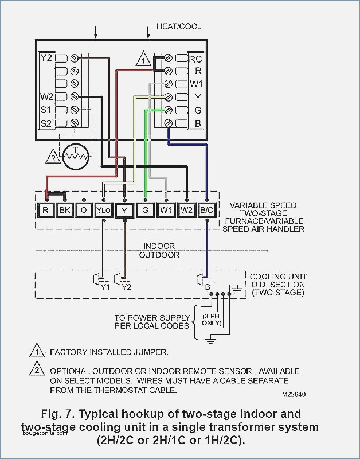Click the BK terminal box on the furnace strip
(65, 210)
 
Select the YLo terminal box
(104, 210)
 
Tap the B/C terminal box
(207, 210)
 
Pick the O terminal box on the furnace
(84, 210)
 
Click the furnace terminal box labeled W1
(166, 210)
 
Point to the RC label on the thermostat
(195, 59)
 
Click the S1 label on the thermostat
(46, 110)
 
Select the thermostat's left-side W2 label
(47, 96)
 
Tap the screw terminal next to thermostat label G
(168, 110)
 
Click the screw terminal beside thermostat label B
(168, 123)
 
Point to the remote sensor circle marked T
(76, 157)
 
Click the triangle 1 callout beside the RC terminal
(143, 59)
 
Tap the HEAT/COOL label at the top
(179, 26)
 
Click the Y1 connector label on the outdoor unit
(105, 287)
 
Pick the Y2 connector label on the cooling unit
(126, 287)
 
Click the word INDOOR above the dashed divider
(159, 246)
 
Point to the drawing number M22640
(294, 394)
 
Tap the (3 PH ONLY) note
(212, 320)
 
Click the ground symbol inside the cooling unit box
(237, 289)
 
